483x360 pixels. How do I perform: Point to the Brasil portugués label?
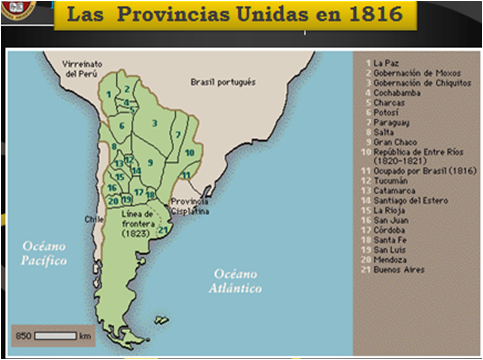point(223,81)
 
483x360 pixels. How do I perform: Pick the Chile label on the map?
point(95,216)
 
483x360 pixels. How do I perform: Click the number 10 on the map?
point(189,152)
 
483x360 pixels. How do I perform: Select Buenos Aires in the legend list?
point(399,269)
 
